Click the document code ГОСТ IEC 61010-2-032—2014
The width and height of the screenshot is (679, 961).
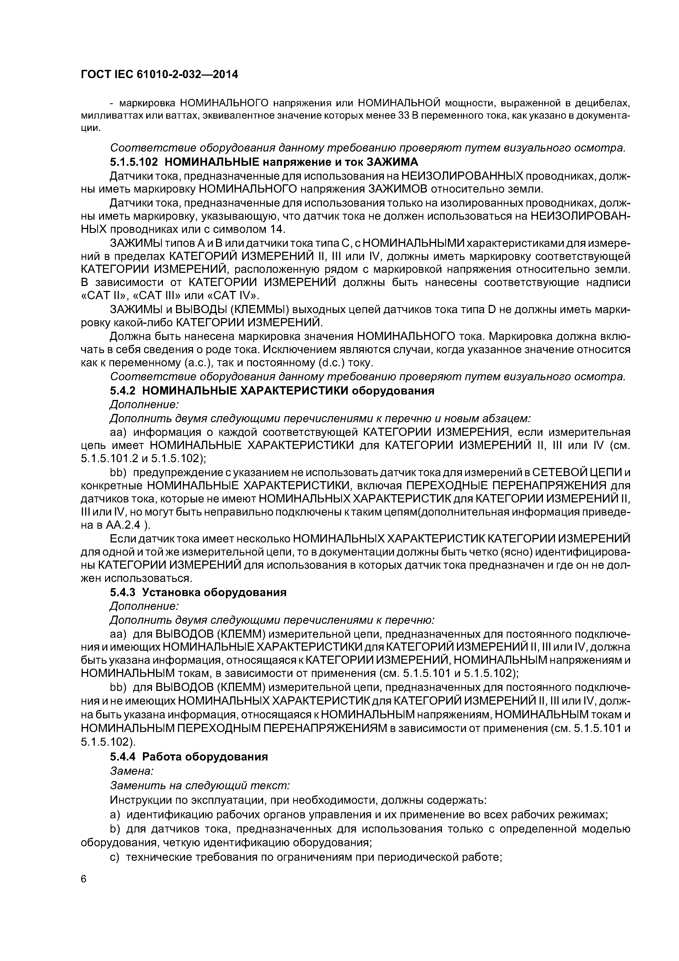click(x=159, y=75)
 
